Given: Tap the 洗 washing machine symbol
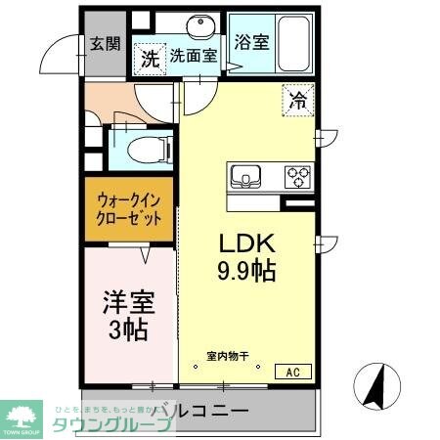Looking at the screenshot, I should [x=149, y=59].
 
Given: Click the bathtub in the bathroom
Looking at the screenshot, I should [x=292, y=44].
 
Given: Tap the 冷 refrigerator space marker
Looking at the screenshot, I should [x=297, y=98].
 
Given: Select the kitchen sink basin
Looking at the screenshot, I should [x=245, y=177].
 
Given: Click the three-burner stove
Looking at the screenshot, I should [x=297, y=177].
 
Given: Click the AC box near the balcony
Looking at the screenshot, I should [x=292, y=371].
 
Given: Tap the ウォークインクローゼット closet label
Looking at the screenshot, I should [x=128, y=208].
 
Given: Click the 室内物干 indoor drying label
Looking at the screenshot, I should [x=226, y=356].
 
